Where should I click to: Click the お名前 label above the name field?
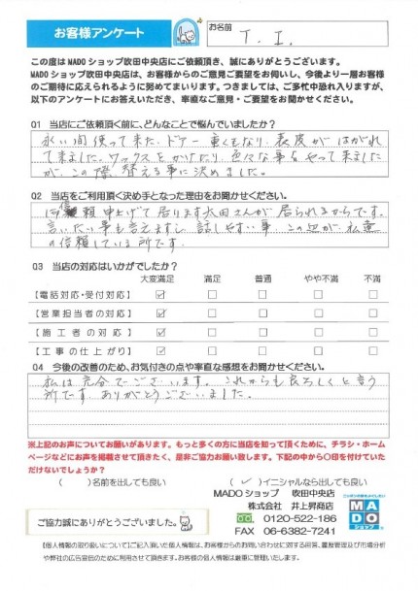(223, 29)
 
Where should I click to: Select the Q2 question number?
(36, 194)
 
